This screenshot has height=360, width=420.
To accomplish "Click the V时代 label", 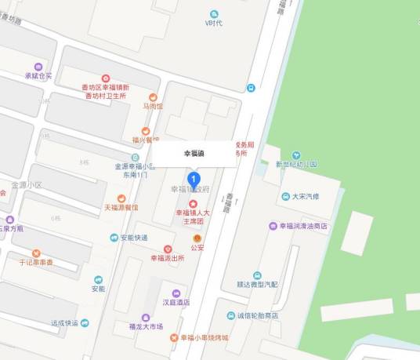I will coord(214,23).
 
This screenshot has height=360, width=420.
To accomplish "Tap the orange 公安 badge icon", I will coord(197,238).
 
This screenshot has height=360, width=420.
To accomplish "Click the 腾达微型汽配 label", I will coord(256,285).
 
